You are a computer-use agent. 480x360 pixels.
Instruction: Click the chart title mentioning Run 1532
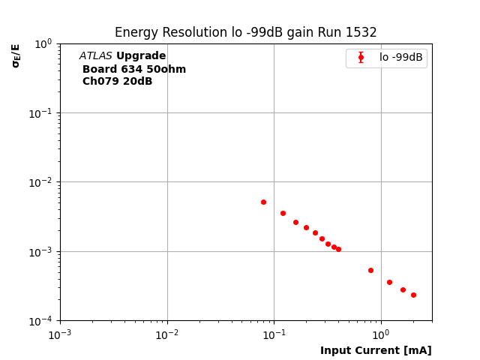tap(245, 32)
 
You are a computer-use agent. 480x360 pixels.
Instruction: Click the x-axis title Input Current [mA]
tap(376, 350)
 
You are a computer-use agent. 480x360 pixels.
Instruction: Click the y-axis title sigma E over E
tap(16, 55)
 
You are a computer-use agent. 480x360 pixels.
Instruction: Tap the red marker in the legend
tap(361, 58)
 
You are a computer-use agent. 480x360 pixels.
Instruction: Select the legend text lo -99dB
tap(400, 58)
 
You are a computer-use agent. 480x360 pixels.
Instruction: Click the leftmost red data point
tap(263, 202)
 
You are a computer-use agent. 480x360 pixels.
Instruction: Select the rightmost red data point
tap(413, 295)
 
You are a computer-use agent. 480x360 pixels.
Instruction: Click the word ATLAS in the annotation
tap(95, 56)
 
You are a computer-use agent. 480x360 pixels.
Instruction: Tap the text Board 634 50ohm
tap(134, 70)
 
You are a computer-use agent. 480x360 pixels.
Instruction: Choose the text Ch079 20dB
tap(117, 82)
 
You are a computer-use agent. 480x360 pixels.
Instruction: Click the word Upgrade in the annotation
tap(141, 56)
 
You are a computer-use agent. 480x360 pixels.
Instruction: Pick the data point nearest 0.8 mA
tap(370, 270)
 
